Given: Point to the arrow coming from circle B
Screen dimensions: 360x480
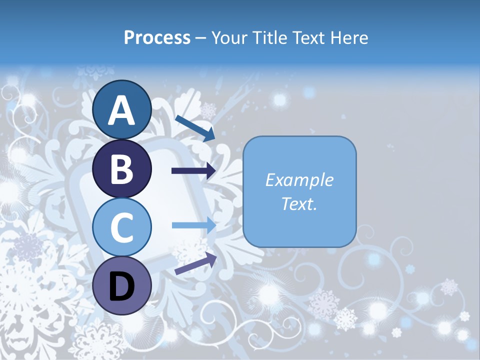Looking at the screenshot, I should [x=193, y=171].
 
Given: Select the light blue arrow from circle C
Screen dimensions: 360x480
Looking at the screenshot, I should [x=193, y=225].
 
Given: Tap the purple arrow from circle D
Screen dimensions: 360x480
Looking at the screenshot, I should [x=195, y=263].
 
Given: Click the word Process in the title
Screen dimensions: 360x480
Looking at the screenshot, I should [x=157, y=37].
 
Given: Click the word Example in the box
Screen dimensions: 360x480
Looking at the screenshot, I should [x=299, y=180].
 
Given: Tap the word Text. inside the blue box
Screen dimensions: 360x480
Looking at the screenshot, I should [x=299, y=203].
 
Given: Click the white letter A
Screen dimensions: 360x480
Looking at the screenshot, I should [x=122, y=111].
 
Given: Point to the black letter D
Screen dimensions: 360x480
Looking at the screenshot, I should [x=122, y=286].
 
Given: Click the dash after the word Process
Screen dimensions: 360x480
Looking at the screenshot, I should [x=201, y=38].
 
